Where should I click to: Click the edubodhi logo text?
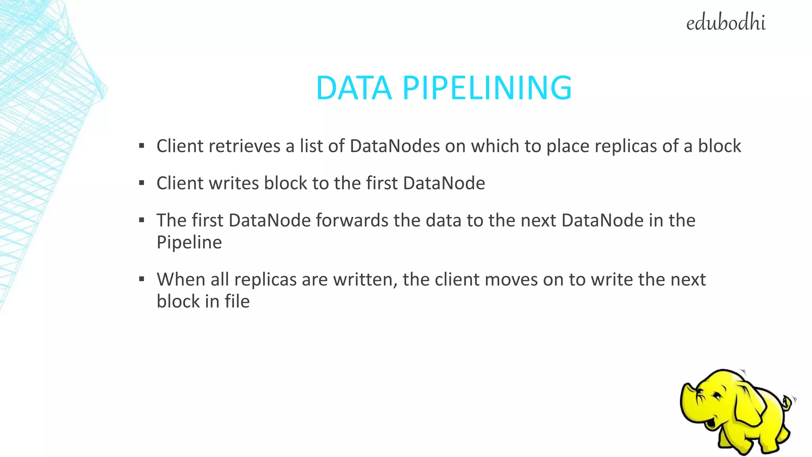726,23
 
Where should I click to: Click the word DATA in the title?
354,88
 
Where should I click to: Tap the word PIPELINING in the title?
487,88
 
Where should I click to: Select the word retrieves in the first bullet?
244,146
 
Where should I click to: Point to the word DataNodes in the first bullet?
395,146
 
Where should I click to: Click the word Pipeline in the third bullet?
189,242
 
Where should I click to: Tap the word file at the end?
237,301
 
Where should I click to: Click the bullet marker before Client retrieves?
142,146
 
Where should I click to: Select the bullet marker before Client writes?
142,183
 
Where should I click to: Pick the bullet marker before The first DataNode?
142,220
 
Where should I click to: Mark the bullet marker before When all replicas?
142,279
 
